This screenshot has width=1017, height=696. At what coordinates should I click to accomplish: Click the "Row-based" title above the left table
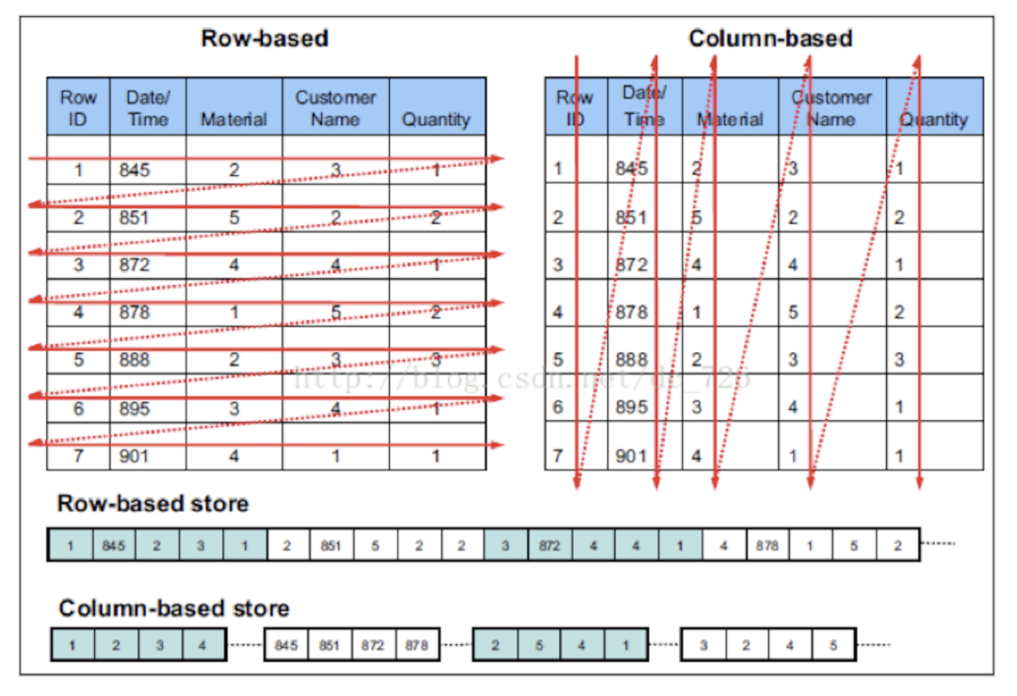(x=265, y=39)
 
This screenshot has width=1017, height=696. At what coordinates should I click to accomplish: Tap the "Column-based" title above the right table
(x=770, y=39)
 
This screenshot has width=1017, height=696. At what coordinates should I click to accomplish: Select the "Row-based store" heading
(x=153, y=504)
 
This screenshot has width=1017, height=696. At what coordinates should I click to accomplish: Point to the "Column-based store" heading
(x=173, y=608)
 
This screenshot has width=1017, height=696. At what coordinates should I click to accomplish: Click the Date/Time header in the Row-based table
(x=148, y=107)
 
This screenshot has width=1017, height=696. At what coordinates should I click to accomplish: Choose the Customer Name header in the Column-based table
(x=831, y=107)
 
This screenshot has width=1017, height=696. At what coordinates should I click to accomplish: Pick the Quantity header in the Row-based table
(x=436, y=120)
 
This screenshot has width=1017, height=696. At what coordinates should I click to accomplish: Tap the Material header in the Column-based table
(x=730, y=120)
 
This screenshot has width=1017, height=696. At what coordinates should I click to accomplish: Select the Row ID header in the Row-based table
(x=78, y=107)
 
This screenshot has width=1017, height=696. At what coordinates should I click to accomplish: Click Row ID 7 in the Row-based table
(x=78, y=456)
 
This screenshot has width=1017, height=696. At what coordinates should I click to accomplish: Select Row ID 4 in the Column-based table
(x=557, y=312)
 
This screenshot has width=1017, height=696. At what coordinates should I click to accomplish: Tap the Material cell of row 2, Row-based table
(x=234, y=218)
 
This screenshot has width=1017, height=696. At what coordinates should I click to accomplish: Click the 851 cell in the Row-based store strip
(x=331, y=545)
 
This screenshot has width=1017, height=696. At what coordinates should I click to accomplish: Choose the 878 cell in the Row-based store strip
(x=767, y=545)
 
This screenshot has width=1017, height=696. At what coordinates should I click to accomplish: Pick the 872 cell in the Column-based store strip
(x=373, y=646)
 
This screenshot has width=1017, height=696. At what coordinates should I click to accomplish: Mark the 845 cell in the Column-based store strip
(x=285, y=646)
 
